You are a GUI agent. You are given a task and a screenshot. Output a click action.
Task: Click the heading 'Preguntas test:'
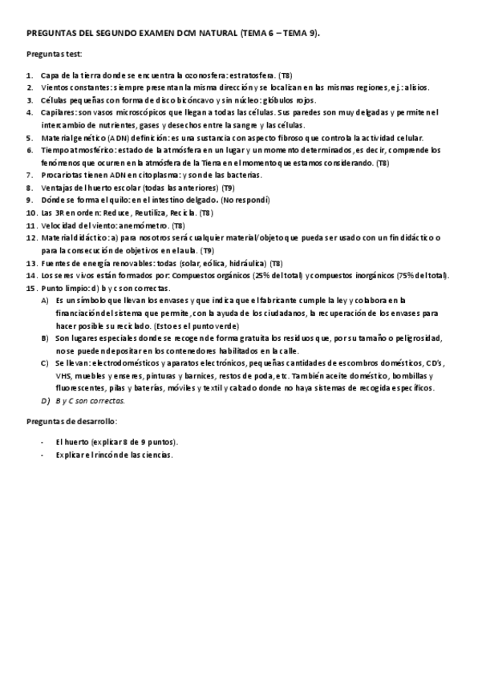coord(53,54)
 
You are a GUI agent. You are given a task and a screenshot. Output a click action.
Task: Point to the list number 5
coord(29,138)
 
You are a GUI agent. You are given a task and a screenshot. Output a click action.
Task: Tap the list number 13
coord(30,263)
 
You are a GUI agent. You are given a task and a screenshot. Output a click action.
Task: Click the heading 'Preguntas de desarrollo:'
coord(71,421)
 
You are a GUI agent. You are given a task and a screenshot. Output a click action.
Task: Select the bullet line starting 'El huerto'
coord(116,442)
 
